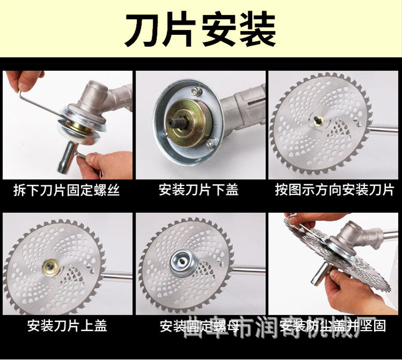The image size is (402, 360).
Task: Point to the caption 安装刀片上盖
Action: tap(67, 325)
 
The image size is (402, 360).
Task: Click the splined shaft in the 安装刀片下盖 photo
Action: tap(177, 124)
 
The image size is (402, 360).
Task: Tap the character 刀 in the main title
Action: tap(143, 29)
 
